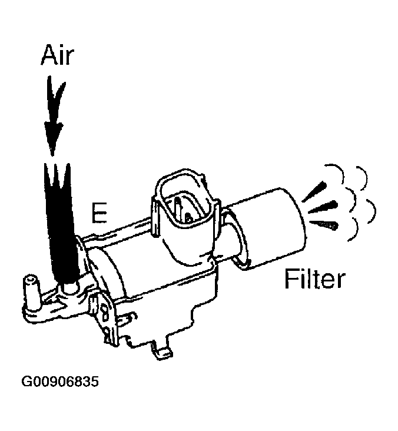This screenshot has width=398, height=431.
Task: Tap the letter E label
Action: pos(98,214)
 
